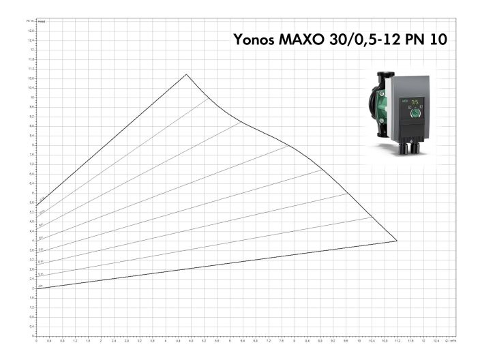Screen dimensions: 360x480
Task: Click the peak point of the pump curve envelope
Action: [186, 74]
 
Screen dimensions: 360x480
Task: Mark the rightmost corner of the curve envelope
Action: [397, 241]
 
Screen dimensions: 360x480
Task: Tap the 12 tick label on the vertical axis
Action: [31, 50]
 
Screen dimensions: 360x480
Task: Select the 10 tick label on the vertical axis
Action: [31, 97]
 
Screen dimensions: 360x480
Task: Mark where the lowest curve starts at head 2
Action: [37, 288]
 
